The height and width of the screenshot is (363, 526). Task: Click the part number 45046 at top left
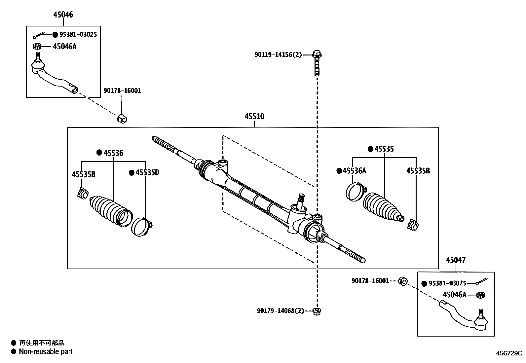tap(63, 15)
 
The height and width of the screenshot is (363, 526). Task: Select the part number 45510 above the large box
tap(254, 117)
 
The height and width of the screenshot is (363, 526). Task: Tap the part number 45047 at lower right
tap(456, 260)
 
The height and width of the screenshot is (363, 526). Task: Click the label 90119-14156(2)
tap(278, 55)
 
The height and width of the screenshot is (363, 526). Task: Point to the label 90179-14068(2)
tap(281, 311)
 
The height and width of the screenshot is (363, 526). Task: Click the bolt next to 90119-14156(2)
tap(317, 63)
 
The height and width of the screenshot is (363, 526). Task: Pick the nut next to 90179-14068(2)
tap(317, 311)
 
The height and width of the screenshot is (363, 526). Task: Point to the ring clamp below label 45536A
tap(356, 192)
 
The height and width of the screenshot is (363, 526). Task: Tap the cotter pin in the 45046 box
tap(39, 35)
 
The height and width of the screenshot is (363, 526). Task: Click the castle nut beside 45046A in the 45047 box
tap(480, 295)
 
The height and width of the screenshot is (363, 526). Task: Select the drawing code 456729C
tap(509, 353)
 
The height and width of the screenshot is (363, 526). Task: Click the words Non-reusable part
tap(46, 351)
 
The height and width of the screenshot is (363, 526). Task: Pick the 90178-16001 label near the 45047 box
tap(370, 281)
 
